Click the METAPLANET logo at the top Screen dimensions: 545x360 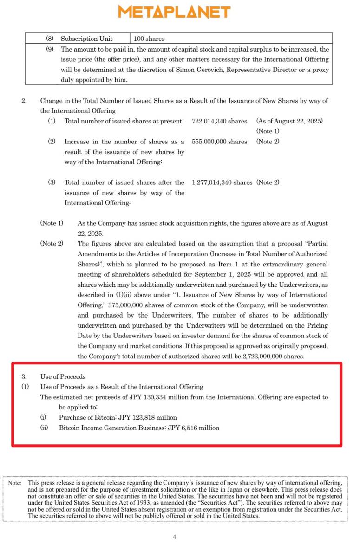click(174, 12)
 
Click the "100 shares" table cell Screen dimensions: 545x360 click(149, 39)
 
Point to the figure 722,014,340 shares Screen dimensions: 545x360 click(219, 121)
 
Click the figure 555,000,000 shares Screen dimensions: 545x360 click(219, 142)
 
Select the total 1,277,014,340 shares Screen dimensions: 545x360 click(222, 182)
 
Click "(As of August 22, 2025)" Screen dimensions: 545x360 click(289, 121)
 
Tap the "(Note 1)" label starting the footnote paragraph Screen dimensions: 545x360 click(52, 223)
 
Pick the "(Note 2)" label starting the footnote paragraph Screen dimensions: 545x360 click(52, 244)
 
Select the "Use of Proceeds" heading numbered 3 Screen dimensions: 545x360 click(63, 376)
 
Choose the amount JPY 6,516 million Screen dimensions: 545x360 click(194, 428)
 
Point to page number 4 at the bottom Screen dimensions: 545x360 click(175, 537)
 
